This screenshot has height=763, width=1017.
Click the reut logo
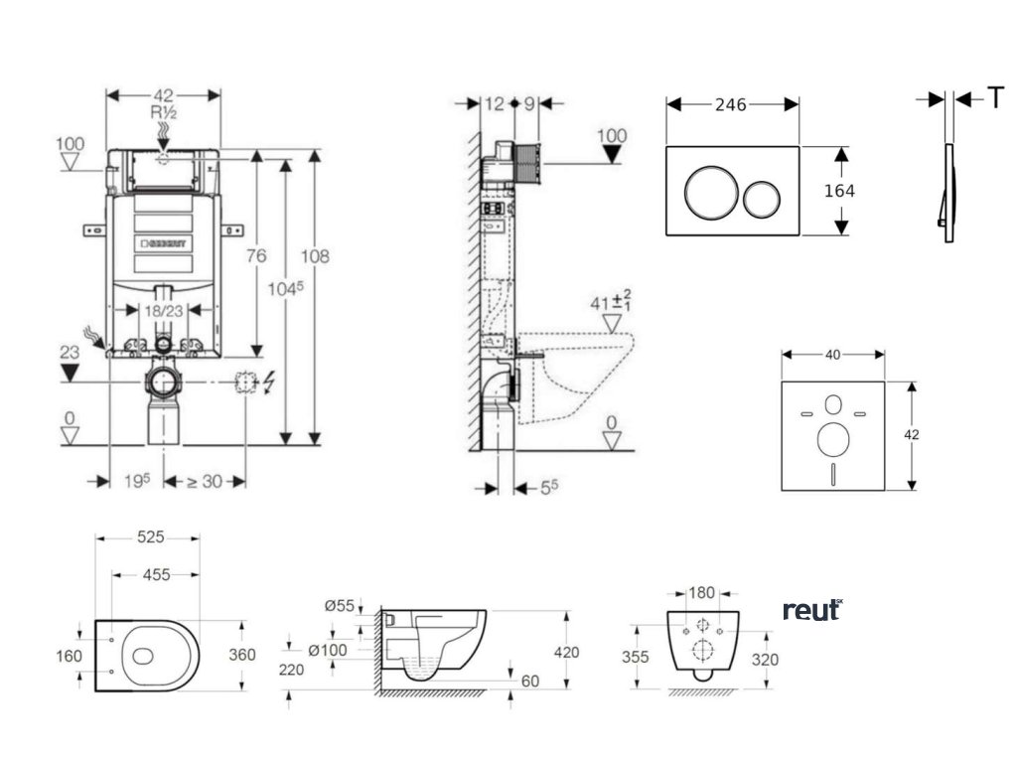[x=811, y=610]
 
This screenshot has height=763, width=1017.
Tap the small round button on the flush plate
[x=764, y=192]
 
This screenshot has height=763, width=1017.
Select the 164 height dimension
[x=840, y=191]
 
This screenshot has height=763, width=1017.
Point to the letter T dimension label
[x=994, y=98]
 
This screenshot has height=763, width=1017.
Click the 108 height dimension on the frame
[x=316, y=256]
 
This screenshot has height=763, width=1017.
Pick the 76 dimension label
[x=256, y=256]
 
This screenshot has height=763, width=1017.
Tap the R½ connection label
[x=164, y=113]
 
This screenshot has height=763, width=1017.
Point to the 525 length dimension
[x=150, y=537]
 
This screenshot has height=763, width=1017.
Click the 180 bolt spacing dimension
[x=701, y=593]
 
